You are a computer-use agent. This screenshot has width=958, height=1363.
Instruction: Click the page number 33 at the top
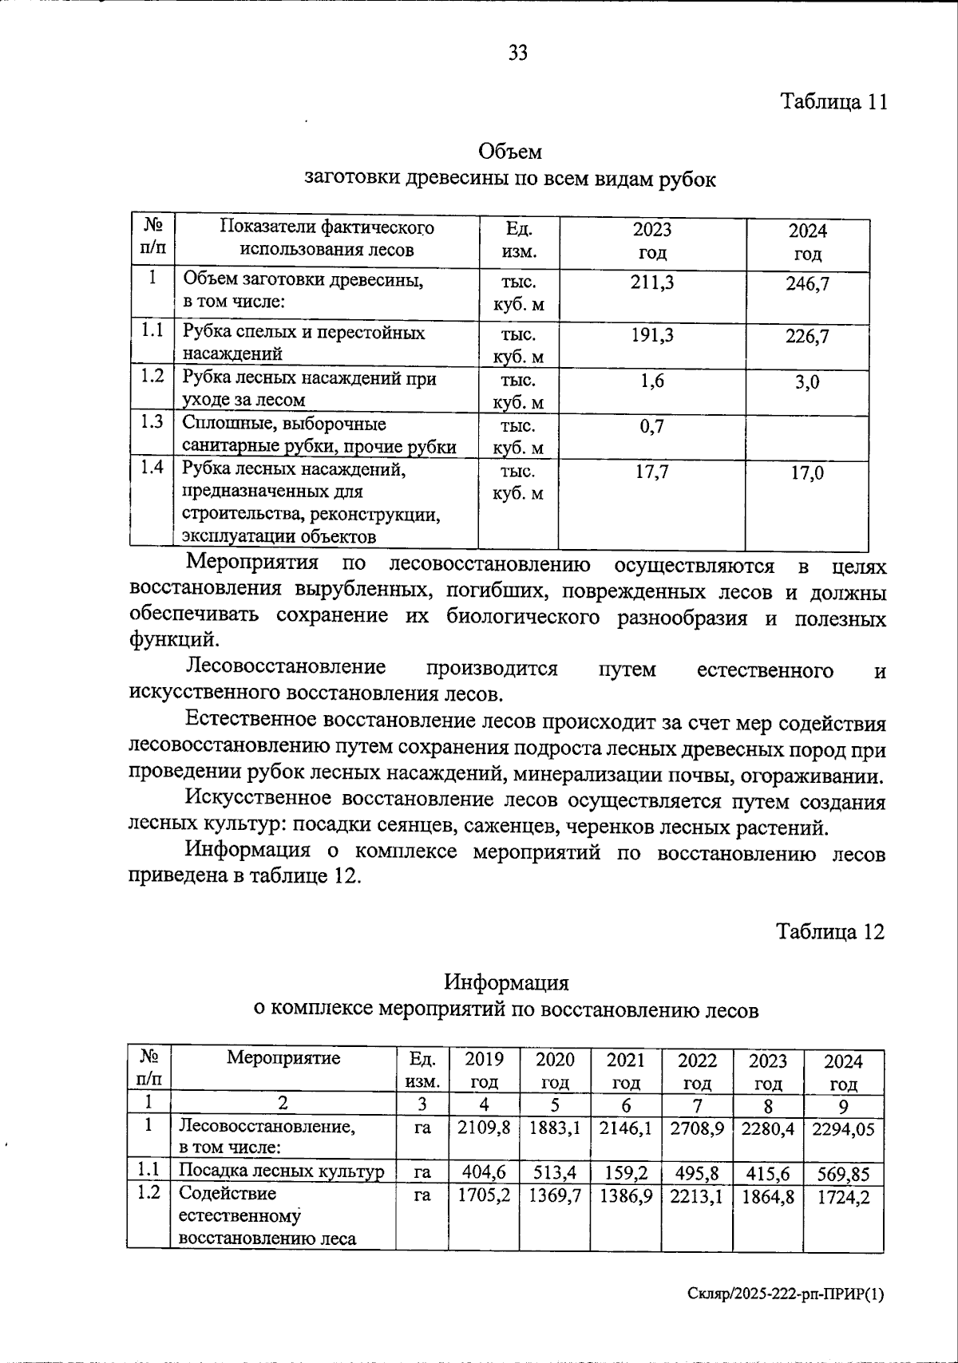[x=517, y=53]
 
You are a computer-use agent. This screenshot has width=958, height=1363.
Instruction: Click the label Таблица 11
[x=833, y=102]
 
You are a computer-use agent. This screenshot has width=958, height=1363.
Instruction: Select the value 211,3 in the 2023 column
[x=651, y=281]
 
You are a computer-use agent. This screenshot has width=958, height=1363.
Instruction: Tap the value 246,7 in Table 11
[x=807, y=283]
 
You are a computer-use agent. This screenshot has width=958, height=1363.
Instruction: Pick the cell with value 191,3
[x=651, y=335]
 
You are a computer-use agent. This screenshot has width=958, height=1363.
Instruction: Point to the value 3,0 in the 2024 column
[x=807, y=383]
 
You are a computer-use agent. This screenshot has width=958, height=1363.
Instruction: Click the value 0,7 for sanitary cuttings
[x=651, y=427]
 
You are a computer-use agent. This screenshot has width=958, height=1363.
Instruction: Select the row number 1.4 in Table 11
[x=152, y=468]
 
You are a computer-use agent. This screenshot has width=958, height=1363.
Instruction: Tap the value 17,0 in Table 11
[x=807, y=473]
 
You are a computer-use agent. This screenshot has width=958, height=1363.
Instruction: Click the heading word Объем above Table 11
[x=510, y=151]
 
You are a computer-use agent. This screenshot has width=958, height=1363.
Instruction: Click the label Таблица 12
[x=831, y=932]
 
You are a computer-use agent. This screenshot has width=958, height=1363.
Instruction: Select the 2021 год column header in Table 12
[x=625, y=1071]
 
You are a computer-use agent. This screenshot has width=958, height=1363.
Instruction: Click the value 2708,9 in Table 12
[x=697, y=1128]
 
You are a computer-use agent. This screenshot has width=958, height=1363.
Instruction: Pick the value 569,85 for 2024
[x=843, y=1174]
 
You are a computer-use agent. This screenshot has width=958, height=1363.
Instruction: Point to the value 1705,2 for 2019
[x=484, y=1195]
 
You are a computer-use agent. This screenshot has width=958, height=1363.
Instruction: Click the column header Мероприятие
[x=283, y=1058]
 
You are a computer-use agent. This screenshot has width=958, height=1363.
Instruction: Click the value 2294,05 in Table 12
[x=843, y=1128]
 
